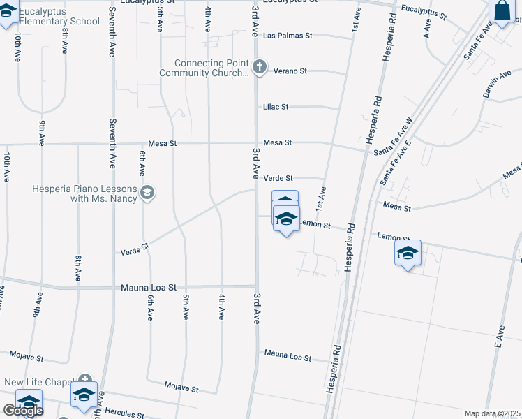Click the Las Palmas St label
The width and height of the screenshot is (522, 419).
point(288,35)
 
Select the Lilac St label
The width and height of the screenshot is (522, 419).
point(276,107)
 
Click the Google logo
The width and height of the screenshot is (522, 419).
point(23,411)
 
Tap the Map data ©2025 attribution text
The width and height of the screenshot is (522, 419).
point(493,413)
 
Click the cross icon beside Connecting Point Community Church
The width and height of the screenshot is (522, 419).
point(260,68)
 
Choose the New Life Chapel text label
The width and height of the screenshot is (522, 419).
point(38,382)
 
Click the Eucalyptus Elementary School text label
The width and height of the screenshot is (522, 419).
point(59,17)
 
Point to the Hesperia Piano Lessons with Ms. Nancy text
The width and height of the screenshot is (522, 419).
point(85,193)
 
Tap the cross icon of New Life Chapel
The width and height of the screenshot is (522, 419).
point(85,380)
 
